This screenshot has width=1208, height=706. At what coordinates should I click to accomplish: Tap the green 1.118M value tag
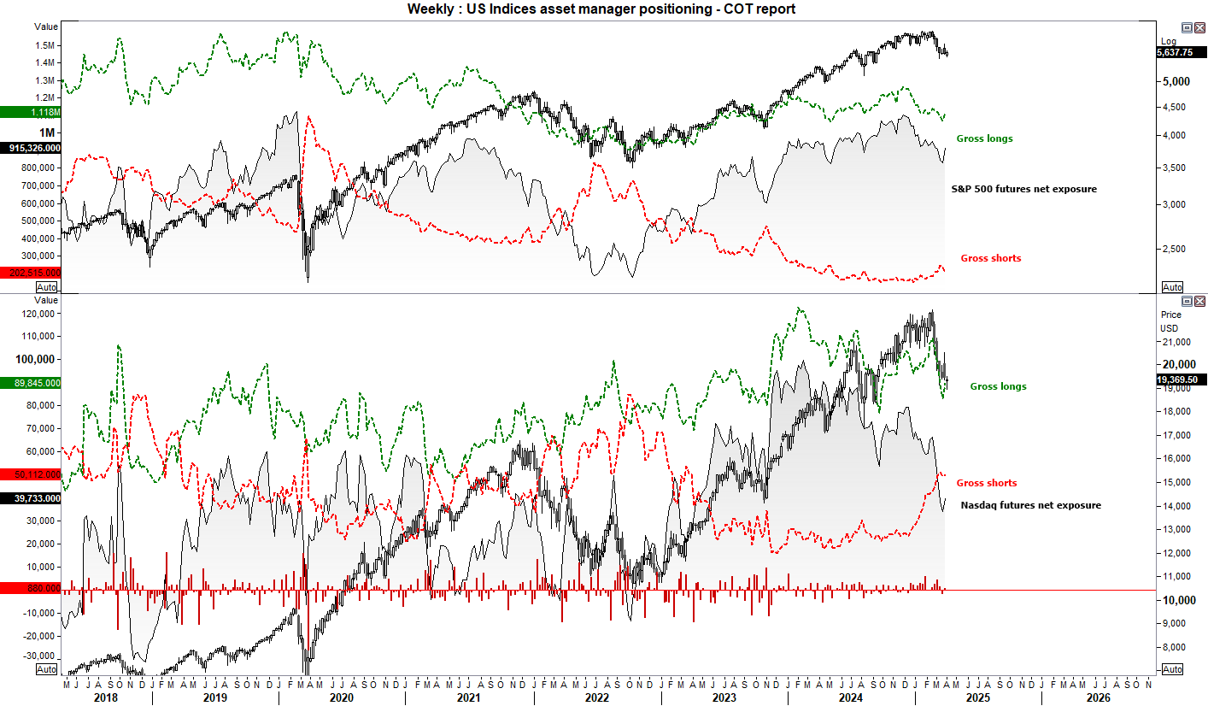[x=31, y=112]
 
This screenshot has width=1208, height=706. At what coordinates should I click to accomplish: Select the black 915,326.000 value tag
[x=31, y=148]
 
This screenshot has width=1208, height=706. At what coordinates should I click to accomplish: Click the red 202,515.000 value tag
[x=31, y=272]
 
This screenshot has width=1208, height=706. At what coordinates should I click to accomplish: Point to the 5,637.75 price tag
[x=1182, y=52]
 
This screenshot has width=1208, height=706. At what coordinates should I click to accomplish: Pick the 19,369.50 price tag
[x=1182, y=379]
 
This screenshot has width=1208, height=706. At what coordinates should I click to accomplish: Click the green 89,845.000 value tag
[x=31, y=383]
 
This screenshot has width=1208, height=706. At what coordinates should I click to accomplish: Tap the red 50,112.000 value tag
[x=31, y=474]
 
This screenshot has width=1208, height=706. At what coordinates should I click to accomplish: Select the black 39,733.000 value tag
[x=31, y=497]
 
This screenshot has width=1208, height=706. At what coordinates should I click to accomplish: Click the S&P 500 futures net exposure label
[x=1023, y=188]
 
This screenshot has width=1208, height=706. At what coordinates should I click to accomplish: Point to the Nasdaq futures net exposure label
[x=1030, y=505]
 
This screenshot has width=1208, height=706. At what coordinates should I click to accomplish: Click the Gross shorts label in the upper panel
[x=990, y=258]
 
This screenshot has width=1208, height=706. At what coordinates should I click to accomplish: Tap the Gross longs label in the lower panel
[x=998, y=386]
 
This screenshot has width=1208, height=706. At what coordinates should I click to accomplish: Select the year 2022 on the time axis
[x=595, y=697]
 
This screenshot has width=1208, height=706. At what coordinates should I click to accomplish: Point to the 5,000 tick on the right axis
[x=1176, y=82]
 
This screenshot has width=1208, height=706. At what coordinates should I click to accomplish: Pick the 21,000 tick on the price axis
[x=1176, y=342]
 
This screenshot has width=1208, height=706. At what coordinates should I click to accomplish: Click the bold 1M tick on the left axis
[x=45, y=132]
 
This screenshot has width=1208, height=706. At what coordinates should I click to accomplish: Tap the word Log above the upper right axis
[x=1169, y=41]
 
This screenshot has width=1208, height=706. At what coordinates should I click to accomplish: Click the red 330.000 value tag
[x=31, y=588]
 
